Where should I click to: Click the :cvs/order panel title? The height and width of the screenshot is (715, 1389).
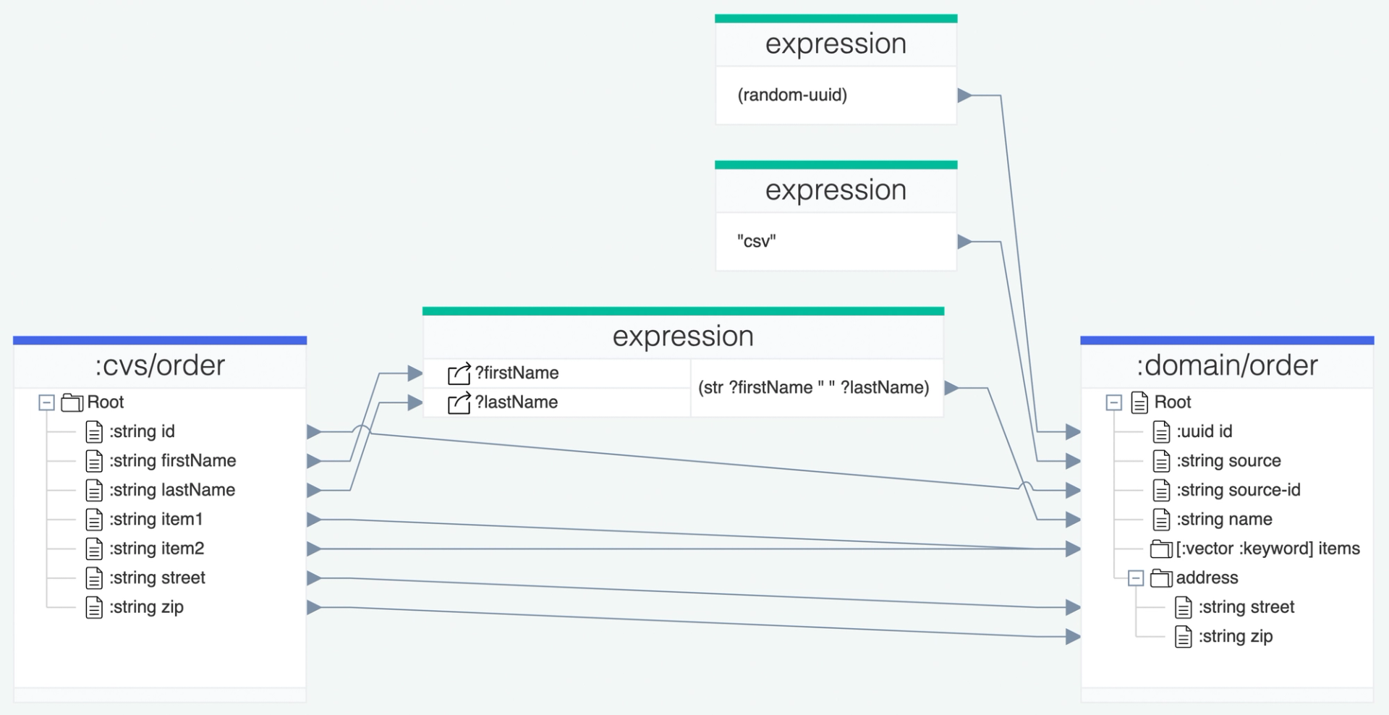160,365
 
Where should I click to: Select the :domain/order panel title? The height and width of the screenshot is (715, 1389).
1227,365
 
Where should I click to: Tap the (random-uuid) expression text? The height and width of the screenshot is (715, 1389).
792,95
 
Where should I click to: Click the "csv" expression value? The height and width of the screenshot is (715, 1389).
757,242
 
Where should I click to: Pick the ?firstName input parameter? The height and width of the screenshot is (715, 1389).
517,373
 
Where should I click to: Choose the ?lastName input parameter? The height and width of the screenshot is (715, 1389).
516,402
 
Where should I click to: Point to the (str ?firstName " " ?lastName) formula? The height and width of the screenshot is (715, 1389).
813,388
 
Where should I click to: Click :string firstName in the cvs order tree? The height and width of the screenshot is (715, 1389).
172,461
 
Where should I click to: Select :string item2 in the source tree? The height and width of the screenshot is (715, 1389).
156,549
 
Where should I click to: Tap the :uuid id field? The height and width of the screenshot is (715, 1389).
1204,432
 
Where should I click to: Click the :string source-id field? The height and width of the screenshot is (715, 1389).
1238,490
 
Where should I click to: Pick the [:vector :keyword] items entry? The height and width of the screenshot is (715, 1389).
1267,549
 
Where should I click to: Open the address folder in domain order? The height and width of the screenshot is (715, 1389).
1207,577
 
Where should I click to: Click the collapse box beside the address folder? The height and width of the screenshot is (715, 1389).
1136,578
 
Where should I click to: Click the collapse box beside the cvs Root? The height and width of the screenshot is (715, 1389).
46,402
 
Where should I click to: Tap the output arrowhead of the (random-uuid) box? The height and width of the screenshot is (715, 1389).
964,96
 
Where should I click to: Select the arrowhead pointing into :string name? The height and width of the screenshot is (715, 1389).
1073,520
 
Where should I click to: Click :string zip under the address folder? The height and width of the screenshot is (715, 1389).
1235,636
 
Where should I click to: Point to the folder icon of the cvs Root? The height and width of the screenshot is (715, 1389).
72,402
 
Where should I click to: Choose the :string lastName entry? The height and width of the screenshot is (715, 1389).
171,490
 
